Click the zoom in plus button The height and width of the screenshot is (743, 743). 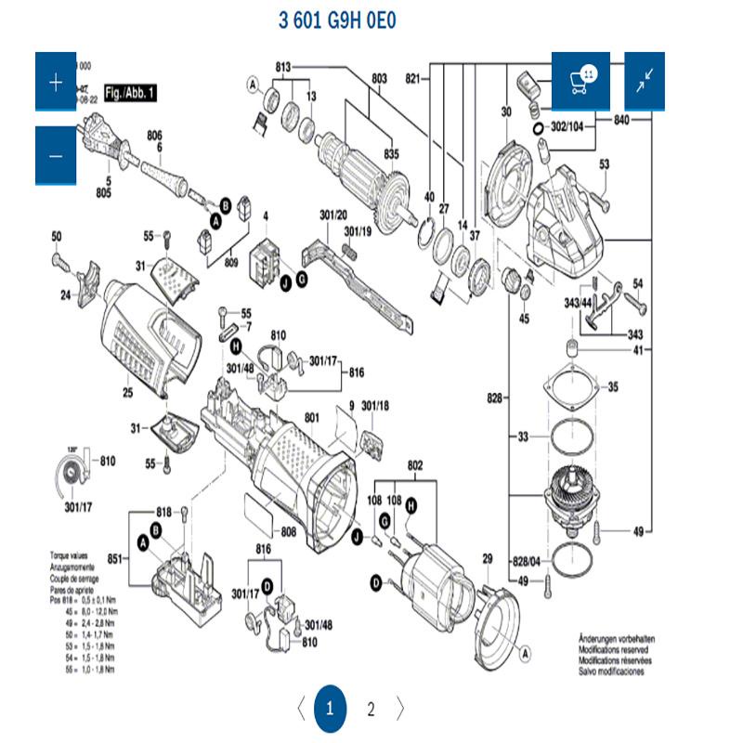click(56, 83)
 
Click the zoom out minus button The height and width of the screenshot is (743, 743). click(56, 154)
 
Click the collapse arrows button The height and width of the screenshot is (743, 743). click(644, 82)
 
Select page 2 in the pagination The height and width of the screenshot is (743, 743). click(371, 710)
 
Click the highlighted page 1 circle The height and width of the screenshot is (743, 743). click(329, 710)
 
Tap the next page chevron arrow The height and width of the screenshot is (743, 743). click(401, 710)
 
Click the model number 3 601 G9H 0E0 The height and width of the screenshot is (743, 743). click(337, 20)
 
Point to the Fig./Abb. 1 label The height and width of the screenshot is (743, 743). click(130, 93)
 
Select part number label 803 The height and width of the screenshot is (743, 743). click(379, 79)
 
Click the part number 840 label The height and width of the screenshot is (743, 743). click(621, 120)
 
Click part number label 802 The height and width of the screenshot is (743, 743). click(415, 463)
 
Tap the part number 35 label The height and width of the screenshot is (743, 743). click(612, 387)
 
